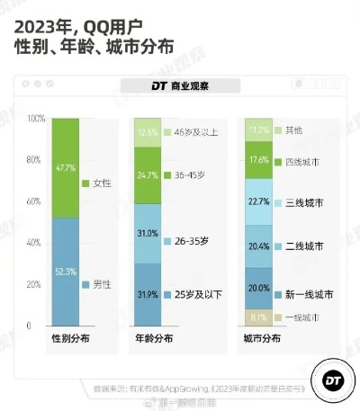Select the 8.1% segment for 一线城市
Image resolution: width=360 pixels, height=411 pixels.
pyautogui.click(x=258, y=317)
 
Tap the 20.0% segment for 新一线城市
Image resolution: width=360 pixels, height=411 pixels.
pyautogui.click(x=258, y=288)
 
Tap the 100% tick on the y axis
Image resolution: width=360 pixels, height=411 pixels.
pyautogui.click(x=35, y=119)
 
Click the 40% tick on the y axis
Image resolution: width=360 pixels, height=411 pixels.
pyautogui.click(x=35, y=243)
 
